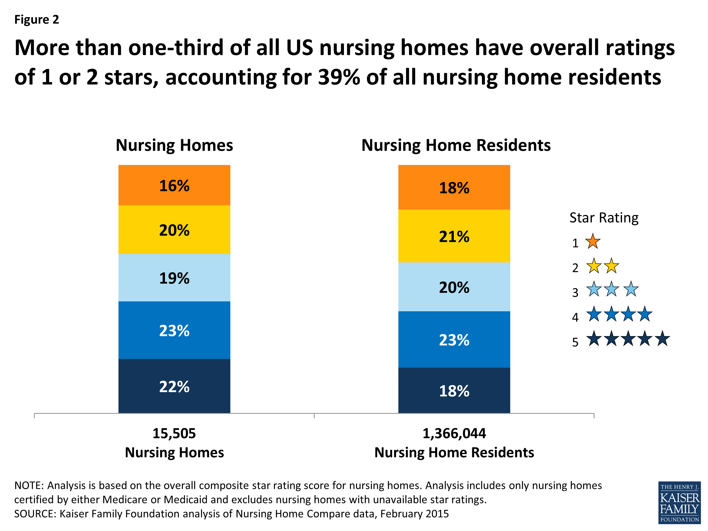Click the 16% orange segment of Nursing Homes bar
[174, 185]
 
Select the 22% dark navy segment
[174, 386]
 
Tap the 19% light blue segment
[174, 278]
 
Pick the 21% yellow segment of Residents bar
[454, 236]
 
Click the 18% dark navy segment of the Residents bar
[454, 391]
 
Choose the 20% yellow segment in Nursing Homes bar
[174, 230]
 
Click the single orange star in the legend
[593, 242]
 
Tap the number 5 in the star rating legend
[575, 342]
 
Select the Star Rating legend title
[604, 218]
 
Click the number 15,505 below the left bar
[174, 433]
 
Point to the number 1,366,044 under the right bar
[454, 433]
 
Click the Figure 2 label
[37, 20]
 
